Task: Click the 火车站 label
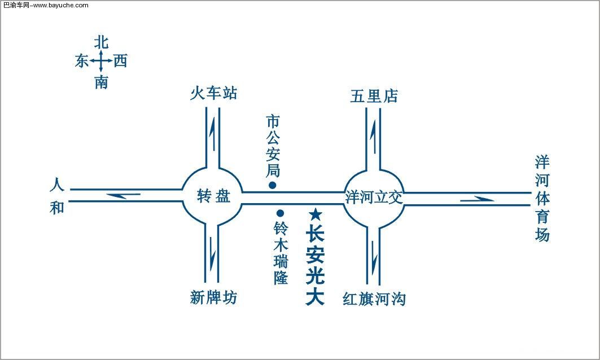coord(213,94)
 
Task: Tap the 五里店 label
coord(374,96)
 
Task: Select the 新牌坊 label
coord(213,297)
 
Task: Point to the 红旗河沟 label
coord(374,298)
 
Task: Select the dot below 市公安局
coord(272,185)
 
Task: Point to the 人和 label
coord(57,196)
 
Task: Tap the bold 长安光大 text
coord(316,265)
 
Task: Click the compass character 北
coord(102,42)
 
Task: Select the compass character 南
coord(102,83)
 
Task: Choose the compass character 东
coord(82,62)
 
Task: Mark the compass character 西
coord(120,61)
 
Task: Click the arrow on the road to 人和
coord(124,196)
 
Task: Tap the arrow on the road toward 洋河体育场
coord(476,199)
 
